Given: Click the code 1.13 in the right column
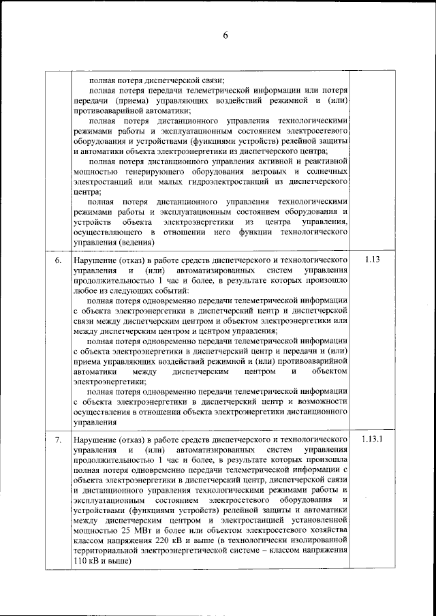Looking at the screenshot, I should click(371, 260).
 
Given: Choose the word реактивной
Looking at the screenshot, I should click(321, 161).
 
